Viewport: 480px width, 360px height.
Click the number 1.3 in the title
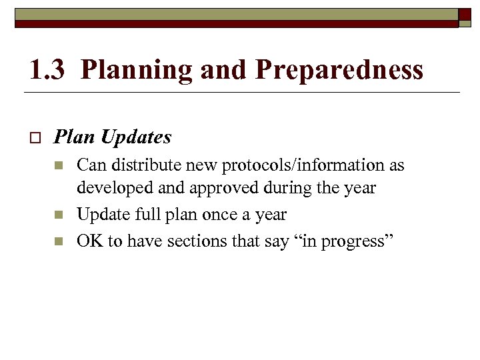click(x=47, y=69)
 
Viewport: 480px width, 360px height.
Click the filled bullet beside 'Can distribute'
click(x=59, y=165)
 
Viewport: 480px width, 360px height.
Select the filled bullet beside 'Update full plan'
click(x=59, y=215)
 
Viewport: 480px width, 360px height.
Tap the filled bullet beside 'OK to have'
click(x=59, y=241)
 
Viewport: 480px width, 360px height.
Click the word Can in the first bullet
click(x=90, y=165)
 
